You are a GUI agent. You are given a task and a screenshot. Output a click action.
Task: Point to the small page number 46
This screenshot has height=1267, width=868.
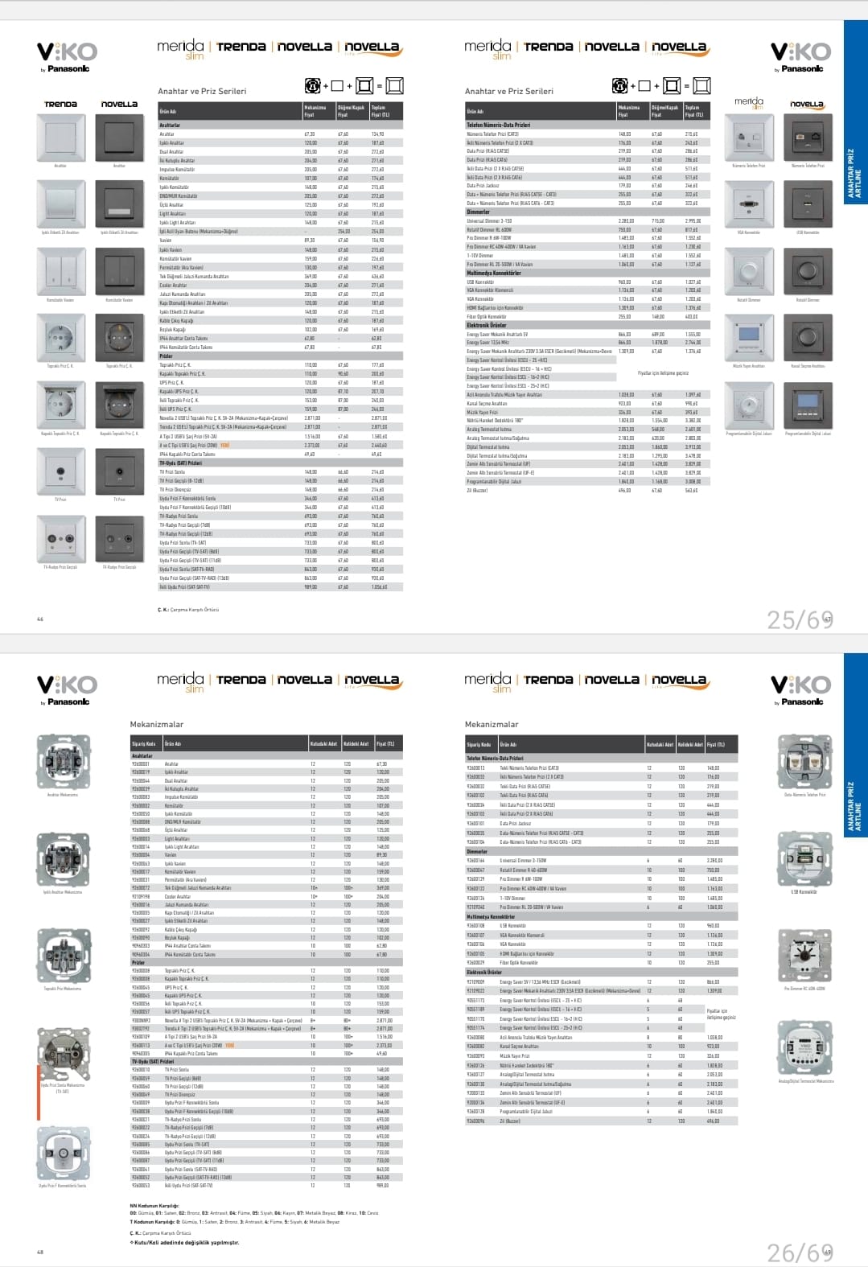coord(40,619)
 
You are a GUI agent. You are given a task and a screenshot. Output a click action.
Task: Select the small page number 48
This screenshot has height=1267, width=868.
coord(40,1252)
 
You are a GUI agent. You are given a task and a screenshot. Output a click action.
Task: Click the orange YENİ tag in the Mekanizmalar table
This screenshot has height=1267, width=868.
coord(228,1046)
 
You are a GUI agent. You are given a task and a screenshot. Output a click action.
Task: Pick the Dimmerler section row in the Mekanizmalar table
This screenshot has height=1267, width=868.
coord(477,851)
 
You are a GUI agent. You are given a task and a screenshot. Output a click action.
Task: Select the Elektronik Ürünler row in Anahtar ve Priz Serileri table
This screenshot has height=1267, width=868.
coord(487,325)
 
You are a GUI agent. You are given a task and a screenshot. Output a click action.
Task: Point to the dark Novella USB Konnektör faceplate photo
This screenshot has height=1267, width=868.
coord(807,205)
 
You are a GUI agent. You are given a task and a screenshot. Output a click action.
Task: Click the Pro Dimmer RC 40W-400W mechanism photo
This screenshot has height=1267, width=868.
coord(804,954)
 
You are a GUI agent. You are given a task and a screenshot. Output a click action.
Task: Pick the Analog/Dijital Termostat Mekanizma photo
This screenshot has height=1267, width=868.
coord(805,1047)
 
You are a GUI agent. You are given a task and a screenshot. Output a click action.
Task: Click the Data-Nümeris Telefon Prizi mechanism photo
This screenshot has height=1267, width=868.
coord(804,763)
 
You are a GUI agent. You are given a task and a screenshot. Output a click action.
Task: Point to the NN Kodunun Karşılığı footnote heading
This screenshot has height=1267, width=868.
coord(154,1207)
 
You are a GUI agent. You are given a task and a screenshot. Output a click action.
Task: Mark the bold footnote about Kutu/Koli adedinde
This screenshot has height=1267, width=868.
coord(187,1243)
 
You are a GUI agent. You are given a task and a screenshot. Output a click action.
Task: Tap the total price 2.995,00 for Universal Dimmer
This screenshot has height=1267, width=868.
coord(693,220)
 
